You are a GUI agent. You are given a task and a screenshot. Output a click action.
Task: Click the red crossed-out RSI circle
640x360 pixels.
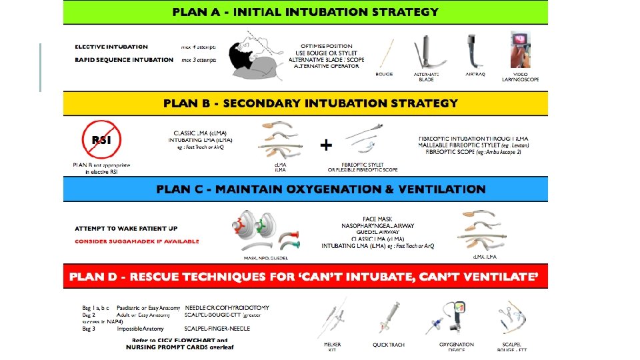(101, 140)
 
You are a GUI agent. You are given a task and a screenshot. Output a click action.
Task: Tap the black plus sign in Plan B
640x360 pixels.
(326, 145)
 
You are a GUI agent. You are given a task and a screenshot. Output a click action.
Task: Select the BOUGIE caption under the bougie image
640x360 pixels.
(384, 74)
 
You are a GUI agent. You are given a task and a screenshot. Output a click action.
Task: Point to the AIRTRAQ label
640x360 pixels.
(474, 74)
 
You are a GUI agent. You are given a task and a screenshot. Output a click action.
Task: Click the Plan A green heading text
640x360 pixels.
(305, 12)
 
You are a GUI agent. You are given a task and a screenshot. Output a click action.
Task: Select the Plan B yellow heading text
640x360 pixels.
(311, 103)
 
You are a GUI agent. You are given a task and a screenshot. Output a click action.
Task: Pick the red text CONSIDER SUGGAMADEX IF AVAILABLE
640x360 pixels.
(137, 241)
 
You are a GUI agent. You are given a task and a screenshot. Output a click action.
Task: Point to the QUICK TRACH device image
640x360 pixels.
(390, 321)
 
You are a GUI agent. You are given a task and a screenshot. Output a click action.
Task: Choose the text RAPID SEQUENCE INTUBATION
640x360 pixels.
(124, 60)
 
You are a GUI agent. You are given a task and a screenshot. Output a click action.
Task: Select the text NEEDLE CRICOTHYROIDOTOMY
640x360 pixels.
(227, 308)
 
